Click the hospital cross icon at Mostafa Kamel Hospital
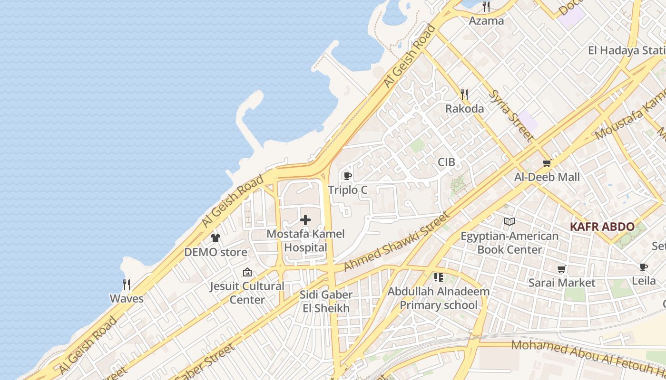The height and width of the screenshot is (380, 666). pyautogui.click(x=305, y=220)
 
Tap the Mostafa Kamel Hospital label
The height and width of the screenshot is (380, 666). pyautogui.click(x=305, y=241)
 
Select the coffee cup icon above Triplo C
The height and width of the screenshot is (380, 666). pyautogui.click(x=348, y=176)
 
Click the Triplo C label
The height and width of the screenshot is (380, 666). pyautogui.click(x=348, y=190)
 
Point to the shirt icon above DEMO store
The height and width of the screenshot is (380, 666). pyautogui.click(x=215, y=238)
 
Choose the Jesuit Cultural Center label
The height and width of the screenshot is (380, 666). pyautogui.click(x=247, y=293)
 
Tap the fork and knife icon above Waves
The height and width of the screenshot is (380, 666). pyautogui.click(x=127, y=285)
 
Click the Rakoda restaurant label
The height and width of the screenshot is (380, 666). pyautogui.click(x=464, y=108)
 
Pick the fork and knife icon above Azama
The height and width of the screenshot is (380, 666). pyautogui.click(x=486, y=7)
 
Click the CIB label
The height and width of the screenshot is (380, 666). pyautogui.click(x=446, y=162)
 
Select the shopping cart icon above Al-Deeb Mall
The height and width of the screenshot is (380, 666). pyautogui.click(x=547, y=163)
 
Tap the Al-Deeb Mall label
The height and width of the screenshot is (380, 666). pyautogui.click(x=547, y=177)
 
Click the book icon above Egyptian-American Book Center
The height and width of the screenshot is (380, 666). pyautogui.click(x=509, y=221)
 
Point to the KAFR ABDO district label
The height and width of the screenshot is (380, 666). pyautogui.click(x=602, y=227)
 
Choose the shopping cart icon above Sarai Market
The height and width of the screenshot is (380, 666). pyautogui.click(x=562, y=269)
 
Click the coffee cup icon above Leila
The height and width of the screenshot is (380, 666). pyautogui.click(x=643, y=267)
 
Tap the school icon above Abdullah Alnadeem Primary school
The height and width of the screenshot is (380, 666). pyautogui.click(x=438, y=277)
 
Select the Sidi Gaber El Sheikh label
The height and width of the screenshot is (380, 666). pyautogui.click(x=326, y=301)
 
